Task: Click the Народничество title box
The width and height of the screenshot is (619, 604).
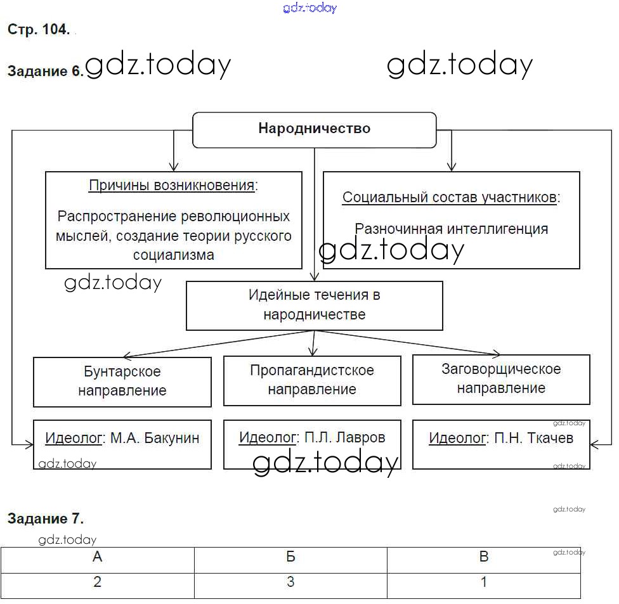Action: point(314,129)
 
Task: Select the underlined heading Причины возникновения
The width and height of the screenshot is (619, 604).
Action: point(173,186)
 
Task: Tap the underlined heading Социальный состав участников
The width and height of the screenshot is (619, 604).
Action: point(450,197)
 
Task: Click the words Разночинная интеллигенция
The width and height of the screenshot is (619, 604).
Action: point(451,229)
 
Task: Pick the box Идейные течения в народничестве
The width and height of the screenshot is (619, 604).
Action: point(314,305)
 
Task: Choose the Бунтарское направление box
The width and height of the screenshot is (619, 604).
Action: point(122,381)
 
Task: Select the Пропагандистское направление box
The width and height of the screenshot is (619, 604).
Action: point(312,380)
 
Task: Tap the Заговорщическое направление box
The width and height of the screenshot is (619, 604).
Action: point(501,378)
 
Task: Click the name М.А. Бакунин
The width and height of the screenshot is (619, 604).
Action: point(155,438)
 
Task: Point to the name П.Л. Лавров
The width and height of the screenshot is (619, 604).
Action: point(344,437)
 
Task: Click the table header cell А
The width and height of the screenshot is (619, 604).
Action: point(98,558)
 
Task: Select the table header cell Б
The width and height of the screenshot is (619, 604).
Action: point(290,558)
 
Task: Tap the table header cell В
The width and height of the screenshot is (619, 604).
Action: point(484,558)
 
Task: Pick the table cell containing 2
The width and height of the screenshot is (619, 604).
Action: point(98,582)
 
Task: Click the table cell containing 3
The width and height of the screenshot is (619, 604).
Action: point(290,582)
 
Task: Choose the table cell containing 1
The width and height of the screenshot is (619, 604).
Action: point(484,582)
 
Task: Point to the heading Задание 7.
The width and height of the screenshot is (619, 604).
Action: point(45,518)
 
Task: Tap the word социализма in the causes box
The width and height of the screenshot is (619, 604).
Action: point(173,255)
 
